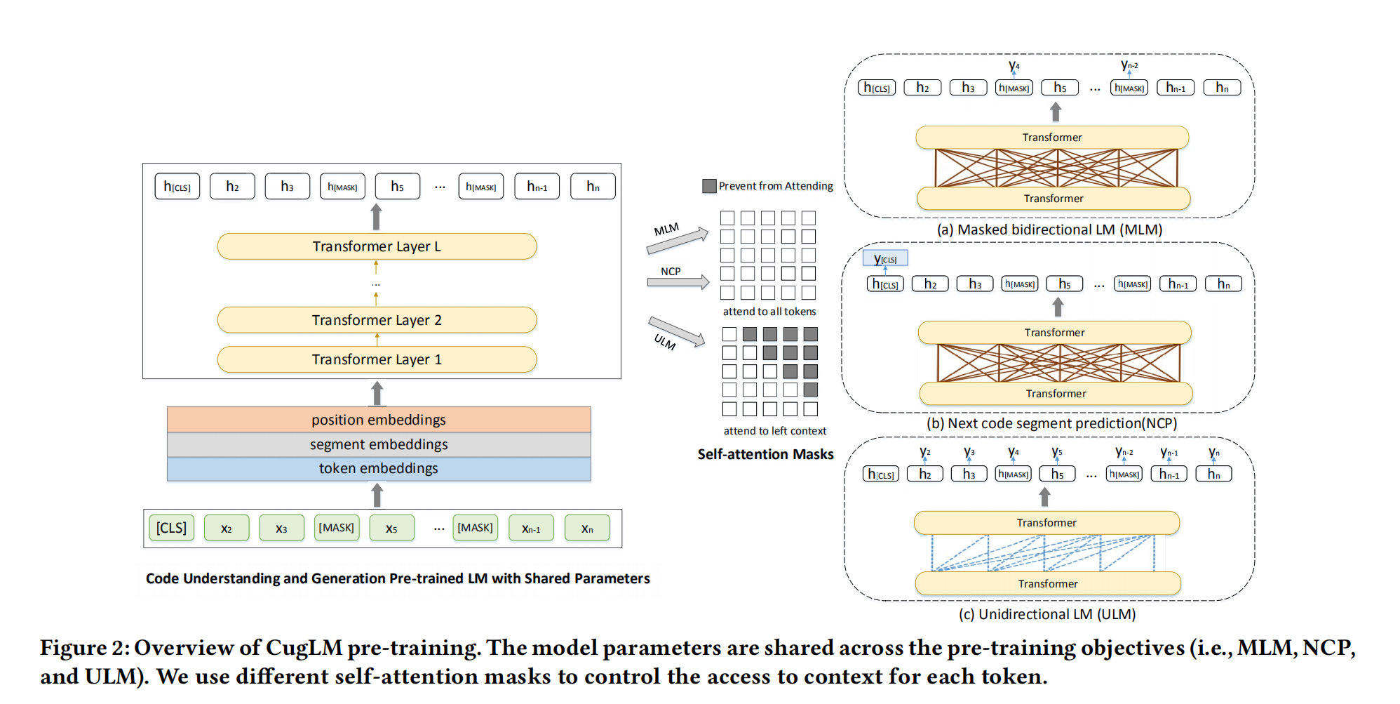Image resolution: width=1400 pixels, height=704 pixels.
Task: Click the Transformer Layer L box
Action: point(377,246)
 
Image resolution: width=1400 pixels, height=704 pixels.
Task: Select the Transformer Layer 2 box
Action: point(377,320)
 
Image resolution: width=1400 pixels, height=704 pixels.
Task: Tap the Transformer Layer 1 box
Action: point(377,359)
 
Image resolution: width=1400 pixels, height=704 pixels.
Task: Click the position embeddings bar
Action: point(379,420)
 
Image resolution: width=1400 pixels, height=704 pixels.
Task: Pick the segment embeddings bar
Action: point(379,444)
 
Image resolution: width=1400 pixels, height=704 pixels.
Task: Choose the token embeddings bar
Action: point(379,468)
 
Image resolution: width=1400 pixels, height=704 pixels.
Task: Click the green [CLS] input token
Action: point(171,528)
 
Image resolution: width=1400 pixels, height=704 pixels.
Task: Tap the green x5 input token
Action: point(391,528)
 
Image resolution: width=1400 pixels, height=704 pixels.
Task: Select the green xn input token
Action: point(587,528)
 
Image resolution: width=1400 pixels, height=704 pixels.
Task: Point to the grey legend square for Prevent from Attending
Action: point(709,186)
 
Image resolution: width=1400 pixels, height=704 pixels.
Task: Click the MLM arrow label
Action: point(666,230)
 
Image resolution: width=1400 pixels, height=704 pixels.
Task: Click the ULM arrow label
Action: point(664,343)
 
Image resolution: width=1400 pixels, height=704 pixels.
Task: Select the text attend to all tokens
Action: point(769,312)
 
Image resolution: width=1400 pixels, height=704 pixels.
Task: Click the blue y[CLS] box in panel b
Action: point(885,258)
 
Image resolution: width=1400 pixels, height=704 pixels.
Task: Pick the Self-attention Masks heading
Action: point(765,454)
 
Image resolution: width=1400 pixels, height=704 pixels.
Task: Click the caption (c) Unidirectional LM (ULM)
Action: point(1046,614)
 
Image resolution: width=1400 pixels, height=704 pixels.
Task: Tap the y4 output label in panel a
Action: point(1014,66)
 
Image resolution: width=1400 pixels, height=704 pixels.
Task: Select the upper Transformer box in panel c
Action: point(1046,523)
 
